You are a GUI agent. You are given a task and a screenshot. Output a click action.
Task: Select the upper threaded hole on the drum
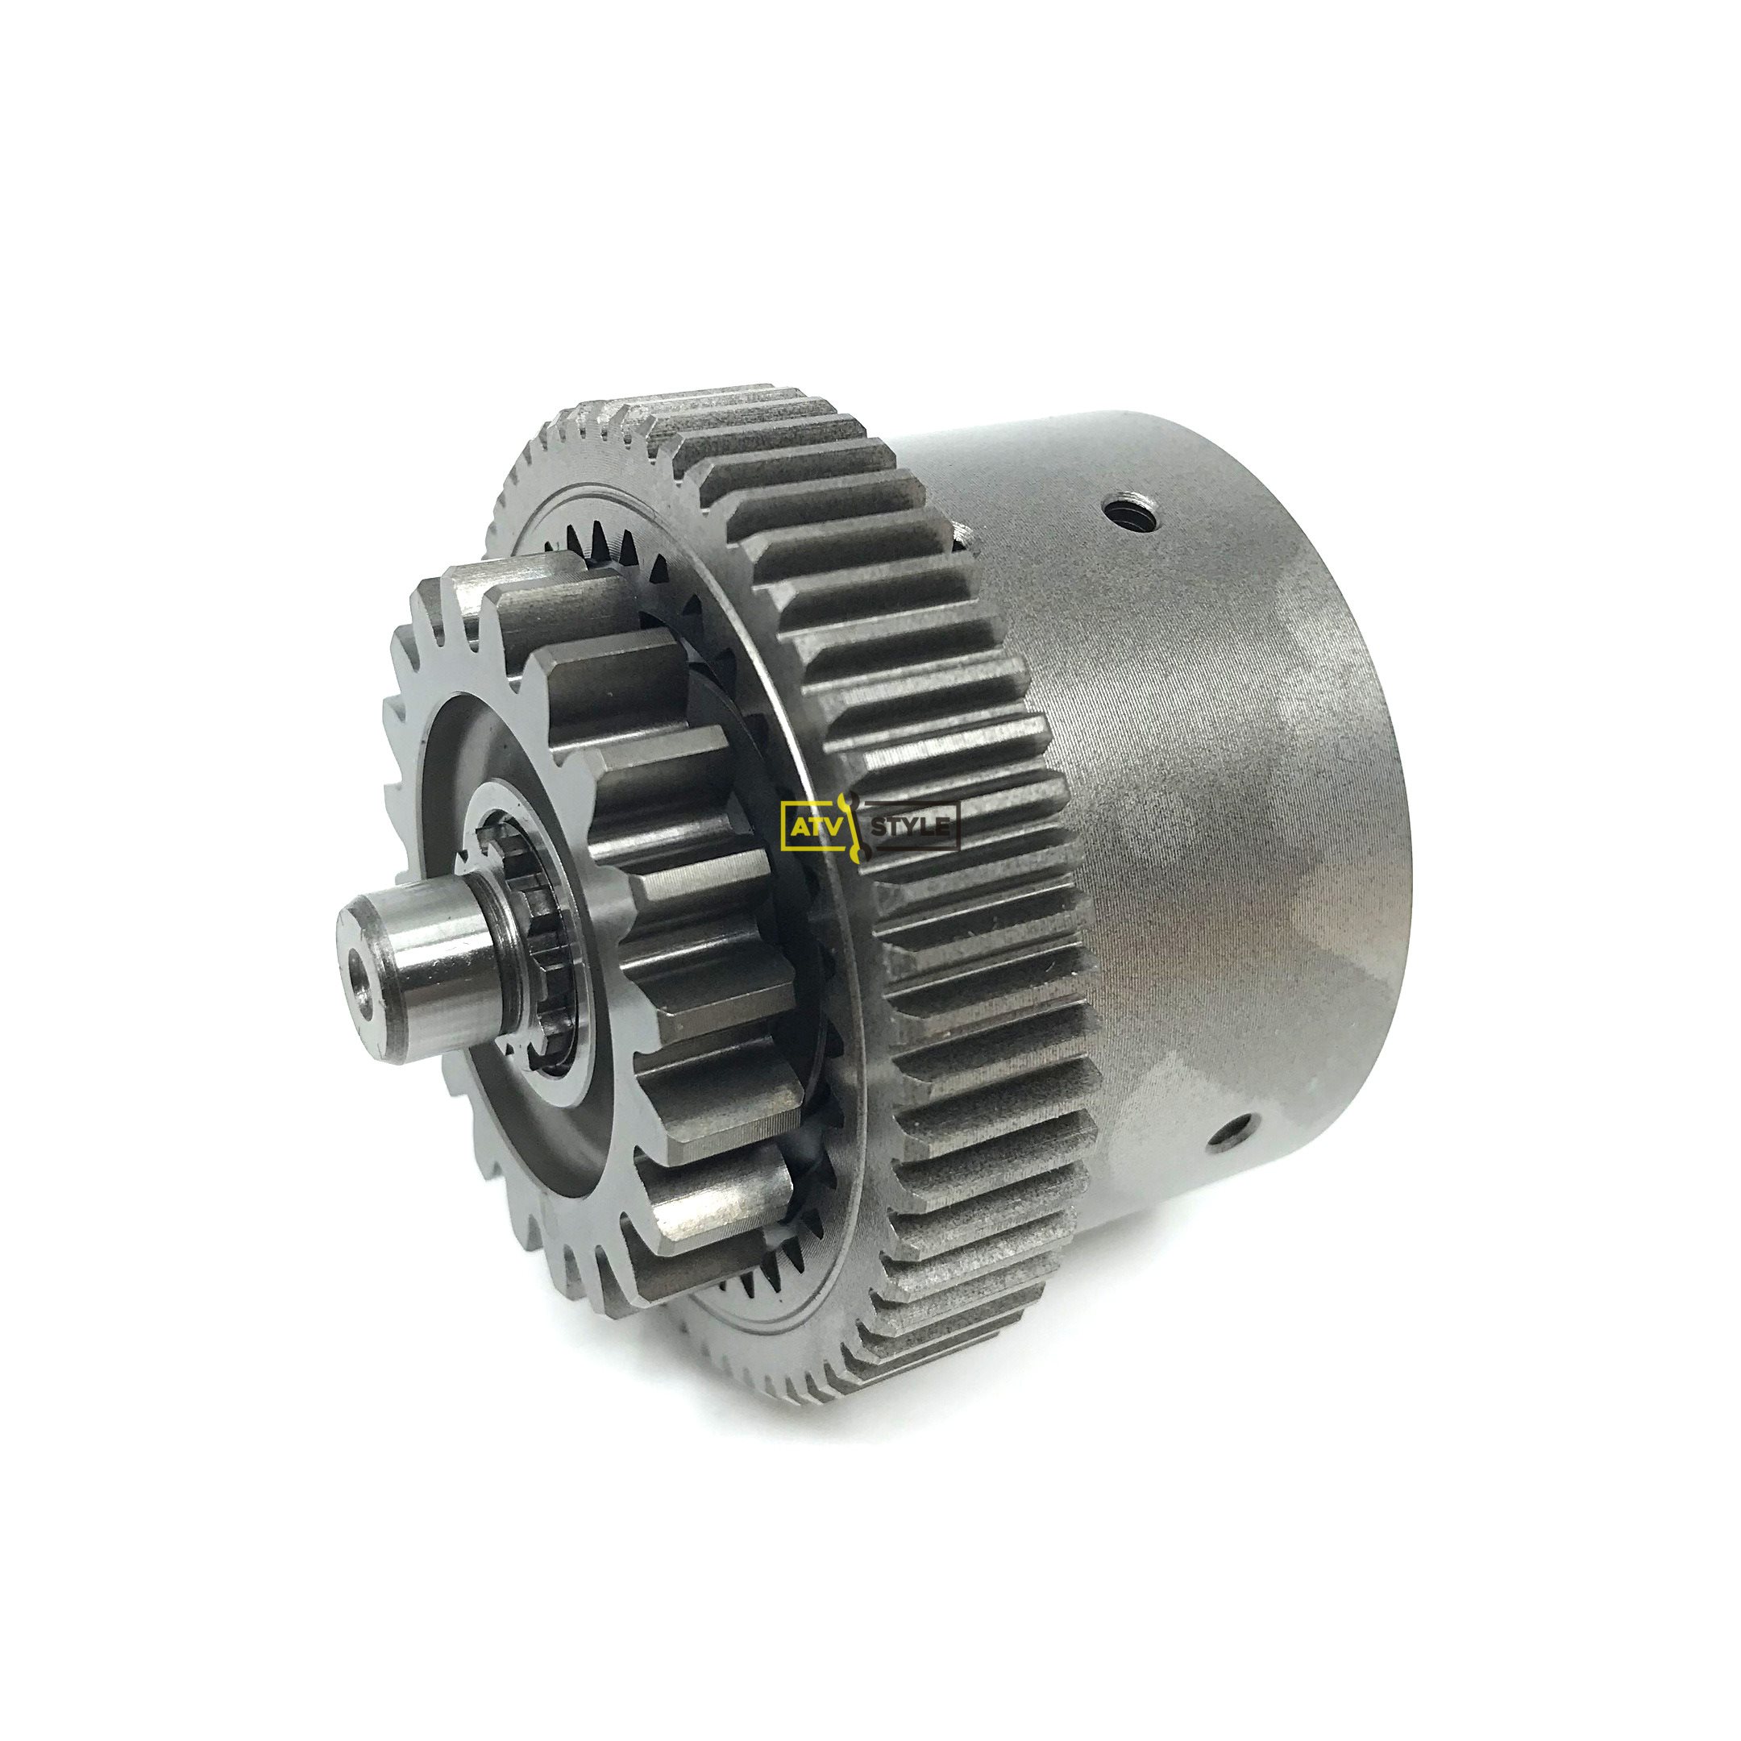1121,511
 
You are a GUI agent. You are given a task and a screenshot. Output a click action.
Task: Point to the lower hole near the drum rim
1231,1132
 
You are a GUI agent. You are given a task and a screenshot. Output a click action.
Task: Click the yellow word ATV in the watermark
809,825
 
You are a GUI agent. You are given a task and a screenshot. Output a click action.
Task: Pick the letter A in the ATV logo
796,825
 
